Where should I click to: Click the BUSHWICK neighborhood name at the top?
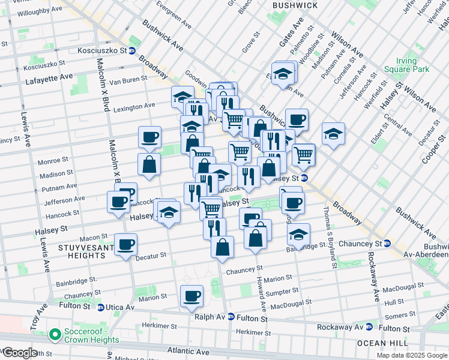(x=295, y=5)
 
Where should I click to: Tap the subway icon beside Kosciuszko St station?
(x=131, y=51)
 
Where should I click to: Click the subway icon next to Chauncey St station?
(x=387, y=244)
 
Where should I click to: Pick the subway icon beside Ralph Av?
(x=231, y=317)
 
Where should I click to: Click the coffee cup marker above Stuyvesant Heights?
(x=126, y=244)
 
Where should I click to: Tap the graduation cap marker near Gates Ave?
(x=282, y=74)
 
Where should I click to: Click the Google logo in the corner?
(x=19, y=353)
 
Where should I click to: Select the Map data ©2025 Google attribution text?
(x=411, y=355)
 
